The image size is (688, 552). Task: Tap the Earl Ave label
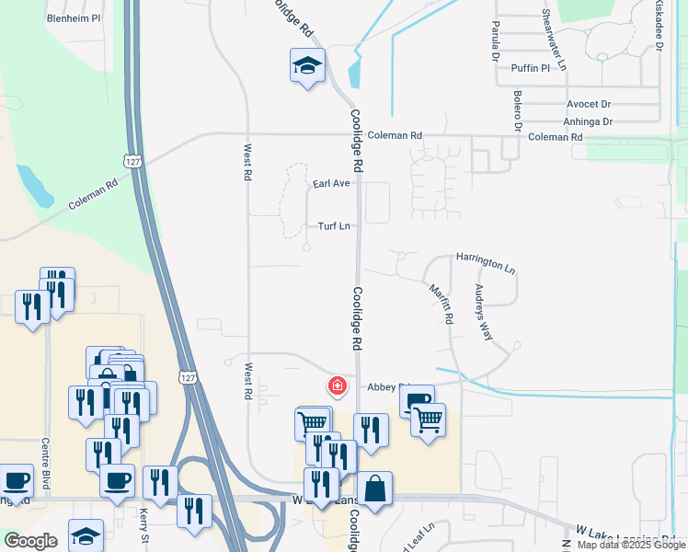[x=331, y=184]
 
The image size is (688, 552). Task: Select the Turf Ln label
[x=334, y=225]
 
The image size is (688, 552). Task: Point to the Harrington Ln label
[x=486, y=263]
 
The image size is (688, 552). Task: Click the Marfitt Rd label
[x=442, y=303]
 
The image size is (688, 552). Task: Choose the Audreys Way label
[x=483, y=311]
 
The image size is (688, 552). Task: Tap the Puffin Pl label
[x=532, y=67]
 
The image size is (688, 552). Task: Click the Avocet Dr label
[x=589, y=105]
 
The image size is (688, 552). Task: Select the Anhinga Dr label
[x=588, y=121]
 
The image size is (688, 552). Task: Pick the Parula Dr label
[x=495, y=40]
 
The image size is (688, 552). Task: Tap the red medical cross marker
[x=338, y=385]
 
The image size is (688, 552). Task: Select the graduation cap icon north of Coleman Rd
[x=308, y=65]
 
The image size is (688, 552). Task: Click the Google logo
[x=30, y=541]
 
